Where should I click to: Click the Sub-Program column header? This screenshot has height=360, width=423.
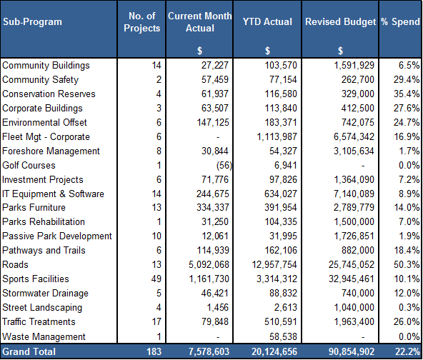pyautogui.click(x=32, y=22)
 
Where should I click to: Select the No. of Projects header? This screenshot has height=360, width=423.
pyautogui.click(x=142, y=22)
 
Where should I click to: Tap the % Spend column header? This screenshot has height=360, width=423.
pyautogui.click(x=401, y=22)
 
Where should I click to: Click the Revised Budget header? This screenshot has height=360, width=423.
pyautogui.click(x=340, y=22)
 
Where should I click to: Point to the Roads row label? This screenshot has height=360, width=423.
pyautogui.click(x=15, y=264)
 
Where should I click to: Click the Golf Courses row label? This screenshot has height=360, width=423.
pyautogui.click(x=29, y=165)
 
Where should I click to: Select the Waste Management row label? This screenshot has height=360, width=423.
pyautogui.click(x=44, y=336)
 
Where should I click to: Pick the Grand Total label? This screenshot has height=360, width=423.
pyautogui.click(x=29, y=351)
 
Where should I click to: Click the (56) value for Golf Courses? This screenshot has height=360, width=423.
pyautogui.click(x=224, y=165)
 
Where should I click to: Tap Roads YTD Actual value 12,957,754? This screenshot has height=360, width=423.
pyautogui.click(x=274, y=264)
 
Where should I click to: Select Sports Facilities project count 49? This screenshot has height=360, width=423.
pyautogui.click(x=156, y=279)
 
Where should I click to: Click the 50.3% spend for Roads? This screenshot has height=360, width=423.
pyautogui.click(x=407, y=264)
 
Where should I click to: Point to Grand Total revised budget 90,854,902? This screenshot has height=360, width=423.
pyautogui.click(x=352, y=351)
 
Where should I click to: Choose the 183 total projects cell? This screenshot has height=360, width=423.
pyautogui.click(x=154, y=351)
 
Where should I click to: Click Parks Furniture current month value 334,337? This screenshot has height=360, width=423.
pyautogui.click(x=213, y=207)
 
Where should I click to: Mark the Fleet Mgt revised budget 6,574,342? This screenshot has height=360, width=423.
pyautogui.click(x=354, y=136)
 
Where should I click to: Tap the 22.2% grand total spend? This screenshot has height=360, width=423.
pyautogui.click(x=407, y=351)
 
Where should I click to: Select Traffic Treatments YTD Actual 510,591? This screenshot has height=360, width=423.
pyautogui.click(x=281, y=321)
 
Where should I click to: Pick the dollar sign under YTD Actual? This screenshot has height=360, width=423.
pyautogui.click(x=267, y=51)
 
